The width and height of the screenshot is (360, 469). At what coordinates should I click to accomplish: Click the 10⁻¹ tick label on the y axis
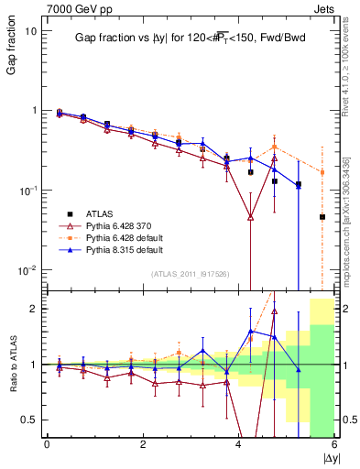click(27, 191)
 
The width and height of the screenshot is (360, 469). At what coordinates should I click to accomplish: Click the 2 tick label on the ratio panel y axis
click(33, 309)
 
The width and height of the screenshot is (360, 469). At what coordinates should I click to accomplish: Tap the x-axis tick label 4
click(239, 445)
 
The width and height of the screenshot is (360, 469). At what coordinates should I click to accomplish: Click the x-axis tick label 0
click(47, 445)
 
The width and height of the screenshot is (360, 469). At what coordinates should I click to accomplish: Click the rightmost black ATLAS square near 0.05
click(322, 217)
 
